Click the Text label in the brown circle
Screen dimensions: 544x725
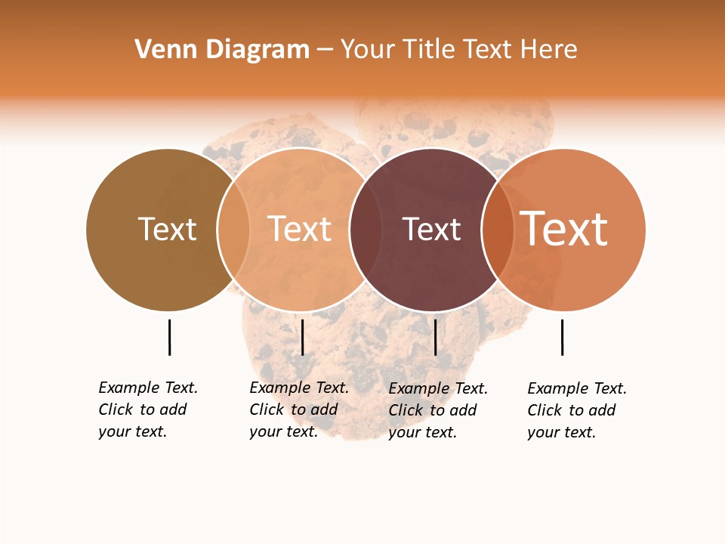tap(167, 229)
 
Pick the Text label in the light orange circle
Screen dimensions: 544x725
tap(300, 229)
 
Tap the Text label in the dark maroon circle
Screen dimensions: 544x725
tap(431, 230)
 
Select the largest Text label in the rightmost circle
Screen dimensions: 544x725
tap(564, 229)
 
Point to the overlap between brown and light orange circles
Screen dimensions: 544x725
tap(233, 230)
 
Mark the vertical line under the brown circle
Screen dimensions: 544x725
tap(169, 337)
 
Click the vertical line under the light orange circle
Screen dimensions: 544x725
tap(302, 337)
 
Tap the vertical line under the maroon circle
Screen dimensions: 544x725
tap(435, 337)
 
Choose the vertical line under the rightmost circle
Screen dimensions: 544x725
tap(562, 337)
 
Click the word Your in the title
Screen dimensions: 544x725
tap(369, 50)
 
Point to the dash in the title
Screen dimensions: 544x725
tap(325, 51)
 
